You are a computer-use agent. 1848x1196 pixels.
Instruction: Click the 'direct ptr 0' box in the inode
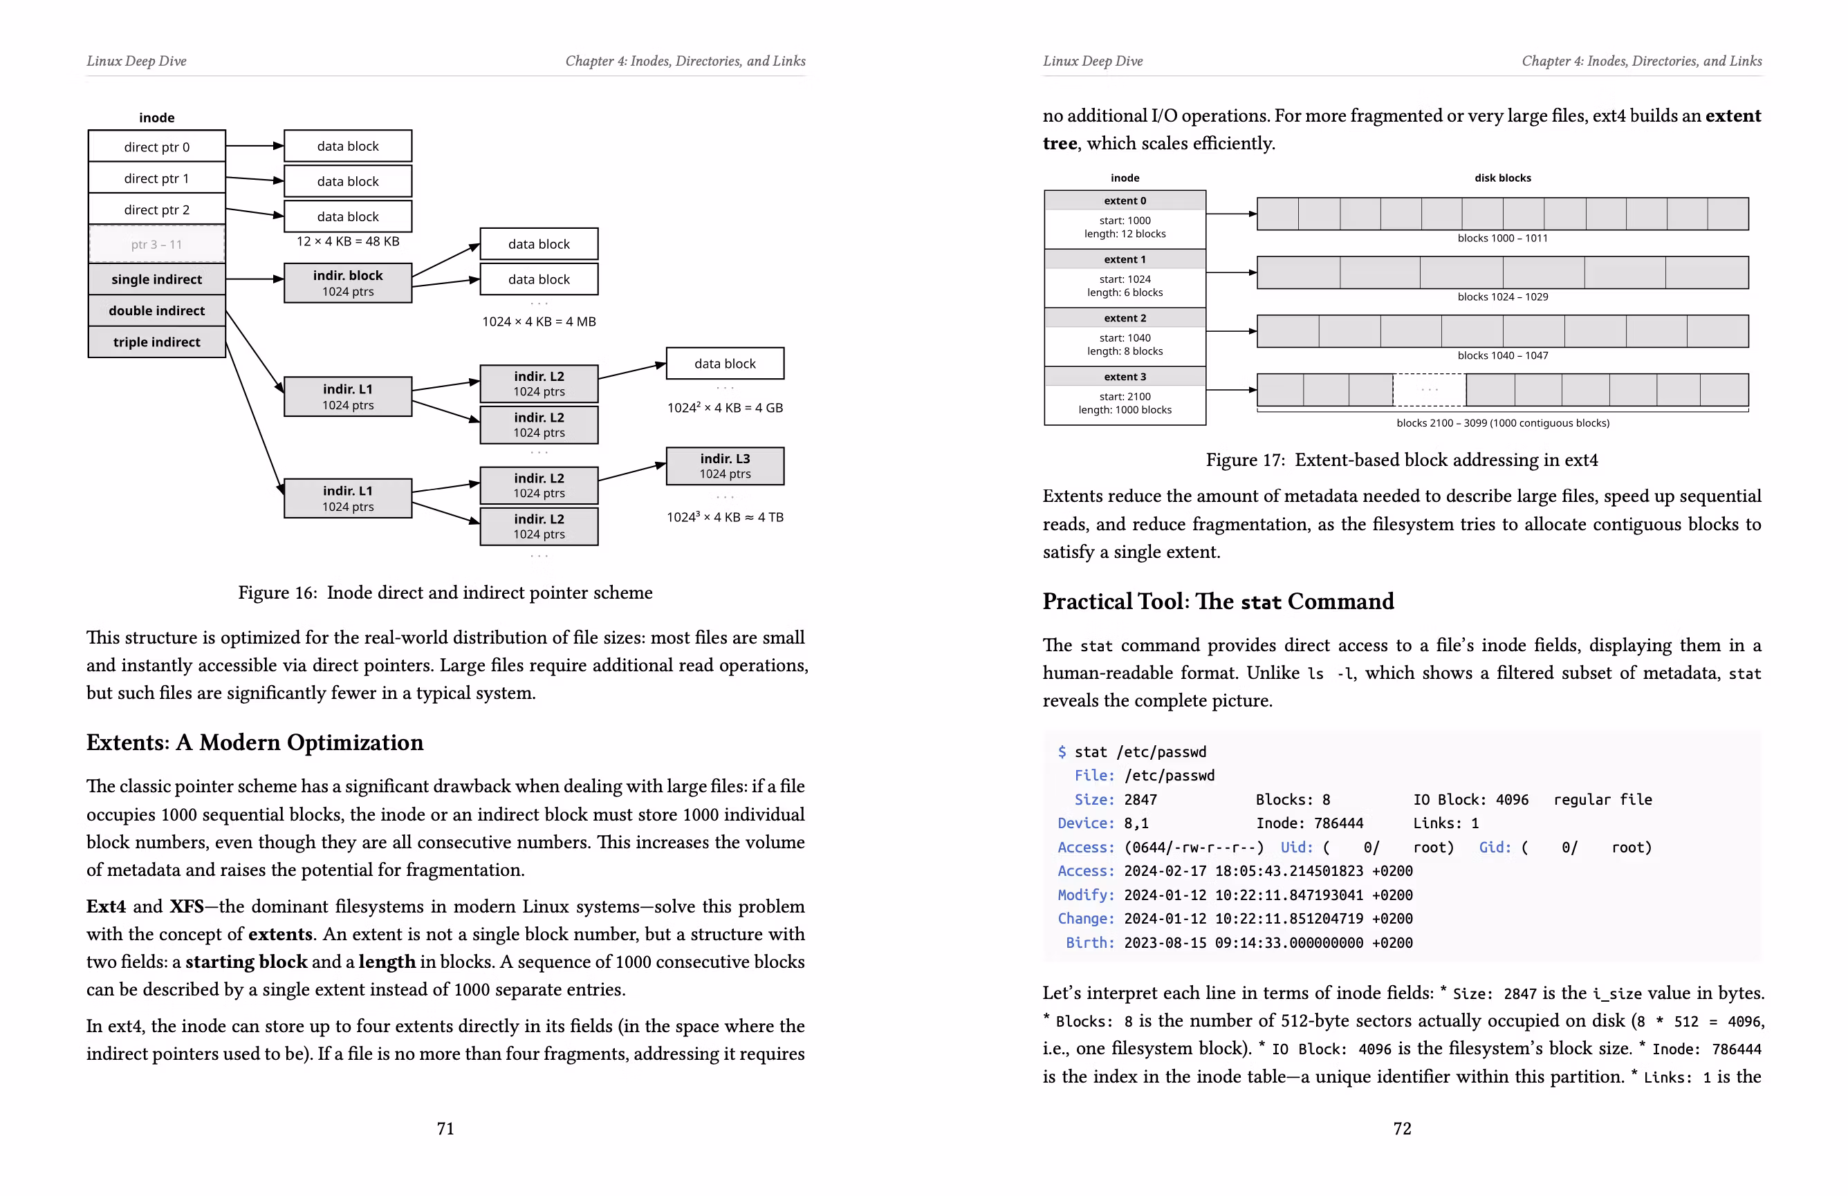click(x=157, y=147)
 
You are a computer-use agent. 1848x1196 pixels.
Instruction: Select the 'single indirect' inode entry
click(x=157, y=279)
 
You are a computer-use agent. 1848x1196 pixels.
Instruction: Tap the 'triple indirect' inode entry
click(x=157, y=342)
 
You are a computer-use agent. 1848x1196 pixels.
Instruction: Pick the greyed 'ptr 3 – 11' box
click(x=157, y=245)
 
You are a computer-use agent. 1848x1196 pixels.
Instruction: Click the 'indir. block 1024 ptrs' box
click(x=348, y=283)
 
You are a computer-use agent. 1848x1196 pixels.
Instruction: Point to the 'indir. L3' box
click(x=724, y=466)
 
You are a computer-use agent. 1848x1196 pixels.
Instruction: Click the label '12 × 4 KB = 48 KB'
click(x=348, y=241)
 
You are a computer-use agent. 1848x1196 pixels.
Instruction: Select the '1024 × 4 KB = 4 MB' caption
click(x=539, y=321)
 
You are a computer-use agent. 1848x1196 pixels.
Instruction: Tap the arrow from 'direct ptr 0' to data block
click(x=255, y=146)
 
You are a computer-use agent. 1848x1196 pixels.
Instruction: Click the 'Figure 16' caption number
click(x=277, y=593)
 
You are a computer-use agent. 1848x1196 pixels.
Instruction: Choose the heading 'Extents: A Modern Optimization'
click(x=255, y=742)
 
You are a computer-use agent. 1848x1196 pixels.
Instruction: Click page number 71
click(x=445, y=1128)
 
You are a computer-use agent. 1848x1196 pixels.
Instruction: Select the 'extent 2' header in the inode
click(x=1125, y=318)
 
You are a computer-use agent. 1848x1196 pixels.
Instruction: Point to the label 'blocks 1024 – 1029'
click(x=1501, y=297)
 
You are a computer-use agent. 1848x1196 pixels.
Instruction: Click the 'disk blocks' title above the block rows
click(x=1502, y=178)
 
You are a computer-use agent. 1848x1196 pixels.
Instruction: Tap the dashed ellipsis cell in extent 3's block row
click(x=1429, y=390)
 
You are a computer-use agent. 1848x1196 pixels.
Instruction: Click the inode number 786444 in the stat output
click(x=1338, y=823)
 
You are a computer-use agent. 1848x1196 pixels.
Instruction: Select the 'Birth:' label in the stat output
click(x=1089, y=943)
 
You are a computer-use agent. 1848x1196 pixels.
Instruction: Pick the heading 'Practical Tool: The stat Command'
click(x=1217, y=601)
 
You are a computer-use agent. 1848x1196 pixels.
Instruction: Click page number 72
click(x=1401, y=1128)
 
